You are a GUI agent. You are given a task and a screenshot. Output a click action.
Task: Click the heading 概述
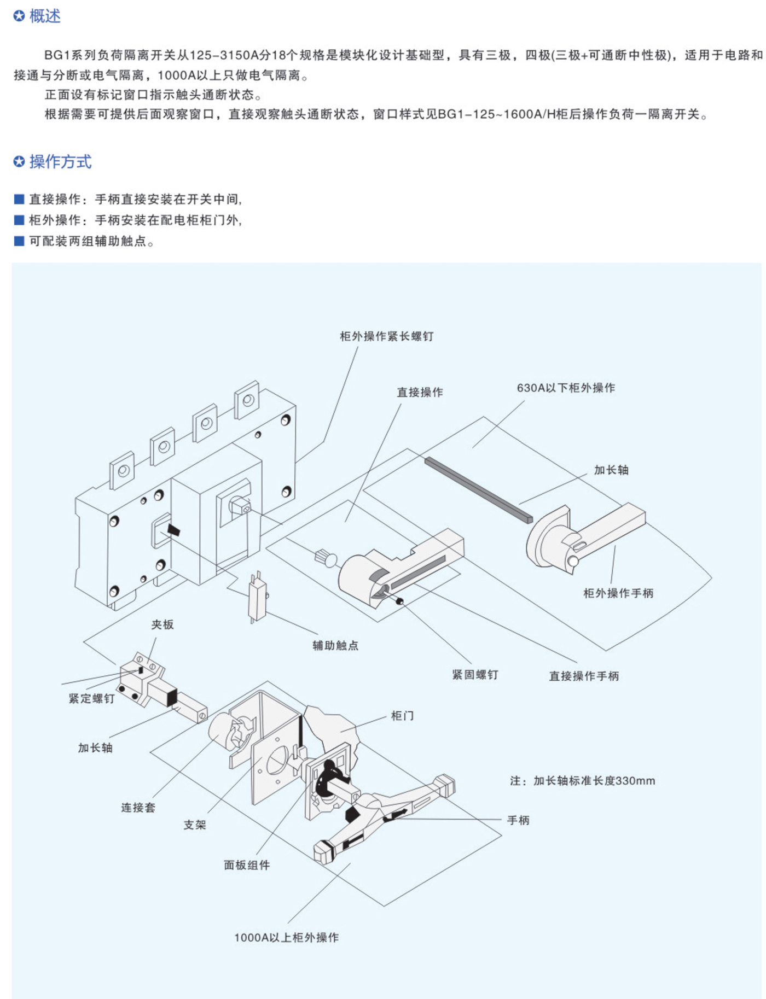pos(44,16)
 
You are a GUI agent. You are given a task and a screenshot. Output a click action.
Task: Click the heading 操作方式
pos(60,162)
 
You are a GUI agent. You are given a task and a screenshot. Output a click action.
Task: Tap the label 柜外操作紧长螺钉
pos(386,336)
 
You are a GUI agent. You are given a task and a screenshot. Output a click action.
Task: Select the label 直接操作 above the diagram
pos(420,392)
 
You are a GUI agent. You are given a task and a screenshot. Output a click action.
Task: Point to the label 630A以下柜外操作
pos(566,388)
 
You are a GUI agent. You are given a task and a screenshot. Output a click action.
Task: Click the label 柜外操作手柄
pos(618,593)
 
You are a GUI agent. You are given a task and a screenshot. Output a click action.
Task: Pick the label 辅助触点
pos(335,646)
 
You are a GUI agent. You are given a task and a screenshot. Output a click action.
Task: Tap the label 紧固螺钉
pos(475,675)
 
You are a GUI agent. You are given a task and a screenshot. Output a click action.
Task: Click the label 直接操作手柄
pos(584,676)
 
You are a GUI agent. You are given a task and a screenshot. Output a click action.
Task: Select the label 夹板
pos(163,624)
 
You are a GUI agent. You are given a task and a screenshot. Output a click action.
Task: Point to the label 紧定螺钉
pos(91,699)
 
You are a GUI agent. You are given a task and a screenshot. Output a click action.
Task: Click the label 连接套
pos(138,808)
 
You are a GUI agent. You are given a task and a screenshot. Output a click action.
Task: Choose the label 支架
pos(195,825)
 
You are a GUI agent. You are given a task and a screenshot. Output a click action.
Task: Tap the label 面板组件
pos(247,865)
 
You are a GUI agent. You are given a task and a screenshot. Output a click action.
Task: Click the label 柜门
pos(402,716)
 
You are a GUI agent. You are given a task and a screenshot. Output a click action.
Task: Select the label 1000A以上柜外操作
pos(286,938)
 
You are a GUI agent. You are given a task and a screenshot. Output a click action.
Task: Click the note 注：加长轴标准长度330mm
pos(582,781)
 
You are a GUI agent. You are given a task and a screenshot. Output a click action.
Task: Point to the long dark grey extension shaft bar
pos(478,490)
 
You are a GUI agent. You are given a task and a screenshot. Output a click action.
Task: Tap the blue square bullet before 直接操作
pos(19,199)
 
